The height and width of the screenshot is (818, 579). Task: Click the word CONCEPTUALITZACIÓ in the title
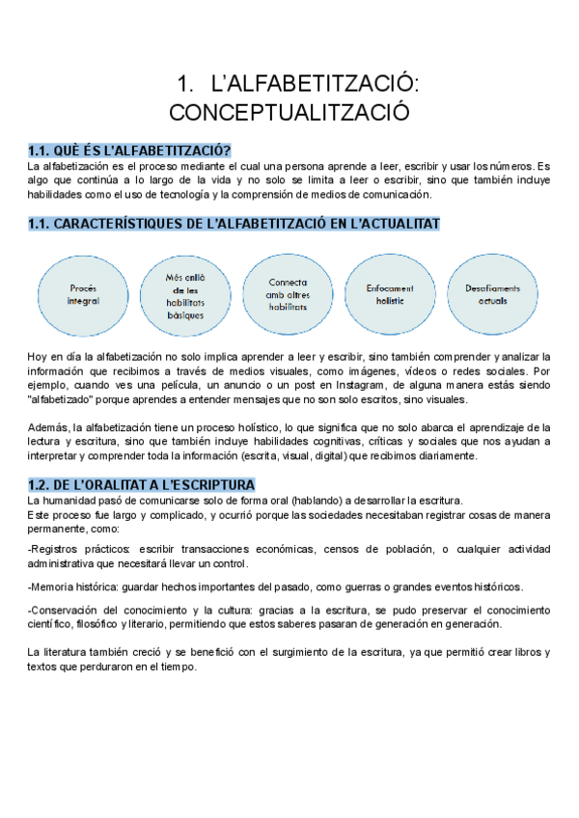[x=289, y=112]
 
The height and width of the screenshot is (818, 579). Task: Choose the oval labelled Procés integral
[x=84, y=294]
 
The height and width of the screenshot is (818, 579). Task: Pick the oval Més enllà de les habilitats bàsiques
[x=185, y=295]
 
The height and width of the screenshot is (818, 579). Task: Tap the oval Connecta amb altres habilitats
[x=289, y=295]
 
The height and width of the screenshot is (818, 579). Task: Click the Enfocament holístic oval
[x=390, y=294]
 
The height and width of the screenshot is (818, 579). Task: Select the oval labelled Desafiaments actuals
[x=491, y=294]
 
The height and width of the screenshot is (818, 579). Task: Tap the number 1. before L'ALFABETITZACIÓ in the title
[x=187, y=83]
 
